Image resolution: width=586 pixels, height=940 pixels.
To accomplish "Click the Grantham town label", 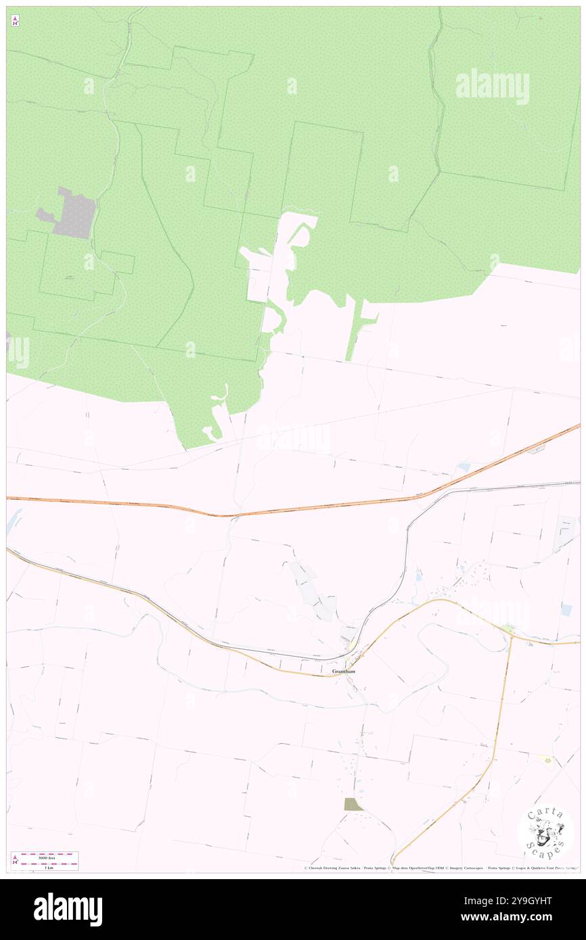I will point(344,672).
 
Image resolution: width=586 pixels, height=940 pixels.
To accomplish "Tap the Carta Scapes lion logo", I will point(545,832).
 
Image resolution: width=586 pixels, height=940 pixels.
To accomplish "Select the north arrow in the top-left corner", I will point(15,21).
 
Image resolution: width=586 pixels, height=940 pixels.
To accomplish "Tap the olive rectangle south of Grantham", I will point(353,804).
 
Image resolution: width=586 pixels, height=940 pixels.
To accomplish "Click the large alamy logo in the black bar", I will point(68,909).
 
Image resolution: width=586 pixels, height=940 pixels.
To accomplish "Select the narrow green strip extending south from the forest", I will point(352,331).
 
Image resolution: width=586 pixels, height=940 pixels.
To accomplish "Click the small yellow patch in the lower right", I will point(546,759).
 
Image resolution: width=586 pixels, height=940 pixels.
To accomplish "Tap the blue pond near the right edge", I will point(566,610).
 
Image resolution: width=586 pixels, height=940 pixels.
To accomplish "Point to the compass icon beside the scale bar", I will point(15,861).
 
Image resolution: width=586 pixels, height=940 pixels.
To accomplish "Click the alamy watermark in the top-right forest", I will point(492,87).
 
